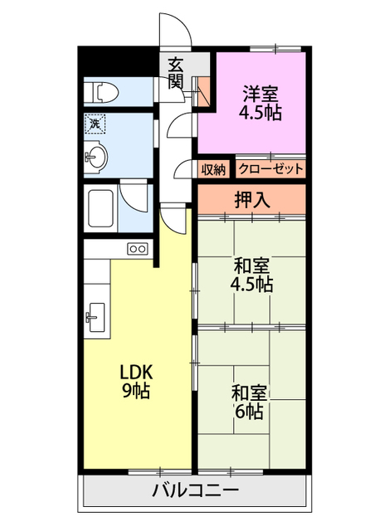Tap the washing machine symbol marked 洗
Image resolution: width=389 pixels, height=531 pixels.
[x=95, y=124]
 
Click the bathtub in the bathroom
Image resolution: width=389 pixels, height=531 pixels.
[x=100, y=208]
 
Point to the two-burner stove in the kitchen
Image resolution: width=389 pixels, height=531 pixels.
[x=138, y=249]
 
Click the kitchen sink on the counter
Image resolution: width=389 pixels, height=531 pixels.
[x=96, y=318]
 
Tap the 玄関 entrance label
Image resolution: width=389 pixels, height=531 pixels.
[x=177, y=73]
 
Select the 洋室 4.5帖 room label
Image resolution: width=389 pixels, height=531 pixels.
[x=260, y=103]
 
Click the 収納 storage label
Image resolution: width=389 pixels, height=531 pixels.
[x=213, y=169]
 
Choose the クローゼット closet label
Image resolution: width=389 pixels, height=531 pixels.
[x=271, y=168]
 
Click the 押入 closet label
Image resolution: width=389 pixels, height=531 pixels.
[x=253, y=200]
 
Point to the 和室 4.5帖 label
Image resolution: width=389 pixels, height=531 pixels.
[x=252, y=275]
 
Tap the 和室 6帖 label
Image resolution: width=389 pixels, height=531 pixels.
[x=249, y=402]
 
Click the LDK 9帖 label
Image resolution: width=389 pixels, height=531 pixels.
[x=137, y=381]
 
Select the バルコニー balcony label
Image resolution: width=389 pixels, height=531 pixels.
[x=196, y=490]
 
